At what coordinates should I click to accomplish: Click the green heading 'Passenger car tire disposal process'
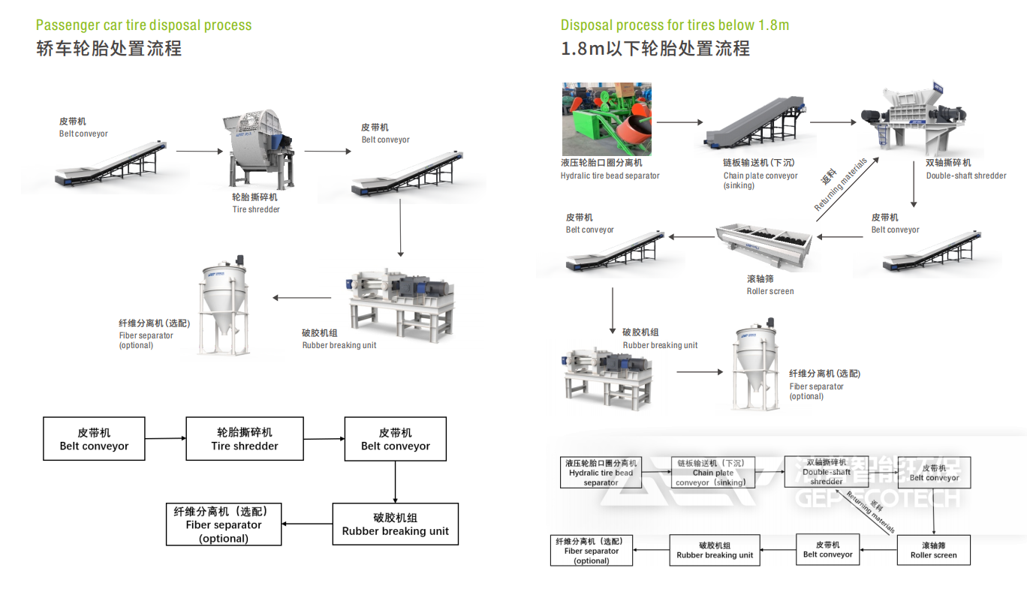144,25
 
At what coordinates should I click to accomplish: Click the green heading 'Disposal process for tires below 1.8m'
674,25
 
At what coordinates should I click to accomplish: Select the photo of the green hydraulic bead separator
607,119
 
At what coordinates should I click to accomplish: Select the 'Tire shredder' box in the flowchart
245,439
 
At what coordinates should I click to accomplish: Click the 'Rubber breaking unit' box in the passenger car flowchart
395,524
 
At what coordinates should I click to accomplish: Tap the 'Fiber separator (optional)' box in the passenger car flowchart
224,524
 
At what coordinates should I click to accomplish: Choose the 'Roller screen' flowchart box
934,550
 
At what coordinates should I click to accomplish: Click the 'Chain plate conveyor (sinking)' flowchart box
713,473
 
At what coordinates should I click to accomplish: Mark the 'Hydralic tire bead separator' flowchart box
601,473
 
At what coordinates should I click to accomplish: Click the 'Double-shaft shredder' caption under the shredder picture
966,176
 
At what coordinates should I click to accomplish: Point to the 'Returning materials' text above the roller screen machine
841,185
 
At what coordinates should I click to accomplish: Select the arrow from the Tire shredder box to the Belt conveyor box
324,439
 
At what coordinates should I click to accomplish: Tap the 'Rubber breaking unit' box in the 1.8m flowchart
715,550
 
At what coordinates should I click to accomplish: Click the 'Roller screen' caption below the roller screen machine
769,291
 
